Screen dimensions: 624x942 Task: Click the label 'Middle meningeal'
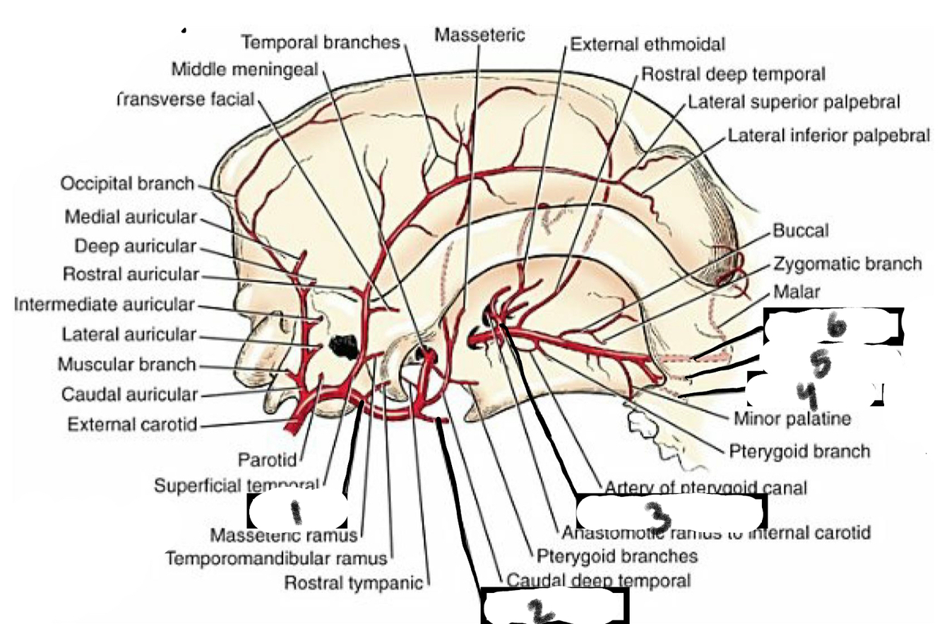tap(245, 69)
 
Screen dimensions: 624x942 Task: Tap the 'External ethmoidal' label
tap(647, 45)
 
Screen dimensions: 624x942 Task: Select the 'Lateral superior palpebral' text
tap(794, 102)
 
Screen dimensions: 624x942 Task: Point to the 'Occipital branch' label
tap(126, 184)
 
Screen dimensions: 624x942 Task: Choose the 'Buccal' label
tap(800, 230)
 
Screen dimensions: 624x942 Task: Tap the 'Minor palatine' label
tap(792, 418)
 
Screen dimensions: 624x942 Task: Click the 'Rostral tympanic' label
tap(353, 583)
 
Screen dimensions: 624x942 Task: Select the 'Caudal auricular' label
tap(129, 394)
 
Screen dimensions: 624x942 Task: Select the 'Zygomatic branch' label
tap(847, 264)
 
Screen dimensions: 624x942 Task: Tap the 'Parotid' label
tap(264, 460)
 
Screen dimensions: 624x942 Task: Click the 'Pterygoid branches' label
tap(616, 556)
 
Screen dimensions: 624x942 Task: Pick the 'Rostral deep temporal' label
tap(733, 73)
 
